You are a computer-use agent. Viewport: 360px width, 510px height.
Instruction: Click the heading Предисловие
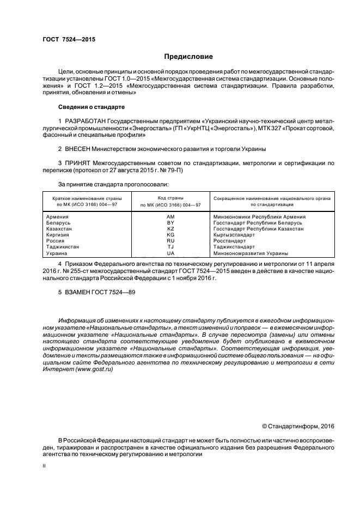188,56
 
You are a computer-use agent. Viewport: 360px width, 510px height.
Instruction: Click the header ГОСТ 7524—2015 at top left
65,39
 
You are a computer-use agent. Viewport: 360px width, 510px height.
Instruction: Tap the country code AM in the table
170,216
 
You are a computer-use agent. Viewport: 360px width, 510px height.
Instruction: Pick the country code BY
170,222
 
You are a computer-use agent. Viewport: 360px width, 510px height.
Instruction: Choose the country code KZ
170,229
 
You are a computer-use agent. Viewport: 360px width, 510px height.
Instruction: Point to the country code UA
170,253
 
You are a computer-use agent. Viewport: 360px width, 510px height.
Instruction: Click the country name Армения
57,216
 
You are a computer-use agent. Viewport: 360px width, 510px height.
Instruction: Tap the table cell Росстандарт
230,241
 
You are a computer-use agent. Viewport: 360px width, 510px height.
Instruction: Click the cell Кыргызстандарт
234,235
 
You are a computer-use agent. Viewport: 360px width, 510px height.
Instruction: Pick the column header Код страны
170,198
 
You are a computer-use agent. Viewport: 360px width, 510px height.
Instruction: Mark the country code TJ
170,247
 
